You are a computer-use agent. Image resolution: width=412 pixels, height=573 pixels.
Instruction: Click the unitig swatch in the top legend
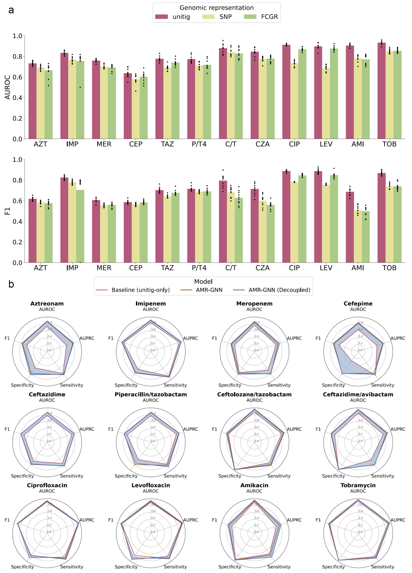[161, 17]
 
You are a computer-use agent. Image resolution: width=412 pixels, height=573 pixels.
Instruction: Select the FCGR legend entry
[261, 17]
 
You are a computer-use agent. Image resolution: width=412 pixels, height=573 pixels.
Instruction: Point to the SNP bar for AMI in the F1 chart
[357, 237]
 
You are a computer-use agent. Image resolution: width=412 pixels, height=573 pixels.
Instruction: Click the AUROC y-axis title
[8, 87]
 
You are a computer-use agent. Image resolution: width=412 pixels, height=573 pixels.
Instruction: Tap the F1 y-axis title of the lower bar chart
[8, 211]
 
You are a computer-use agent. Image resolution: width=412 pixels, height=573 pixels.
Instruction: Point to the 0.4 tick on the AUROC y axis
[17, 98]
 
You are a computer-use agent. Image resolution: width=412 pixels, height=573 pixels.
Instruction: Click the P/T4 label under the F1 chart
[199, 268]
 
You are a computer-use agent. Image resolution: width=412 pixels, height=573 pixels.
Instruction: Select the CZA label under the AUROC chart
[262, 144]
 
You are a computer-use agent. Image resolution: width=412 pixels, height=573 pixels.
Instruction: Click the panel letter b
[11, 284]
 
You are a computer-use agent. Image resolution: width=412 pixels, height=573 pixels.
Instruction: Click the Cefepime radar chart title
[358, 304]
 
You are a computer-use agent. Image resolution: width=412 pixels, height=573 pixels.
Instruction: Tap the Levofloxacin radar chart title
[151, 485]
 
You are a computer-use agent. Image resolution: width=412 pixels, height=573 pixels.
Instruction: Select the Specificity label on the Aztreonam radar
[22, 385]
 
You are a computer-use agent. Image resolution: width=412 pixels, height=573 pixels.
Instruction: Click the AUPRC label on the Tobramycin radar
[398, 520]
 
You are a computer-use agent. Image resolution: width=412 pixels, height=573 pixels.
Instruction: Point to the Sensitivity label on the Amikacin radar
[279, 567]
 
